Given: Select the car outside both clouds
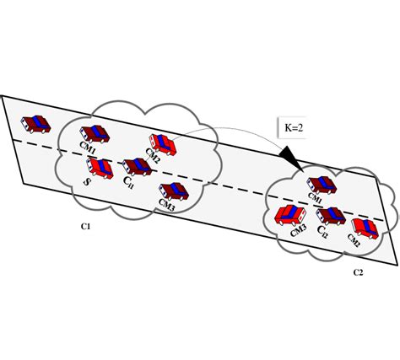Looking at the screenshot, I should pyautogui.click(x=37, y=123).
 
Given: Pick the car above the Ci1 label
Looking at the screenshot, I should pyautogui.click(x=136, y=166).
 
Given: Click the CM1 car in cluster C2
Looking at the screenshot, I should pyautogui.click(x=322, y=185).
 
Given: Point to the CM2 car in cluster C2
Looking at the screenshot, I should pyautogui.click(x=365, y=226).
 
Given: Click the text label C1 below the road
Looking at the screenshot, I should pyautogui.click(x=86, y=226).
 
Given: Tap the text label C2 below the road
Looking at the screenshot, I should pyautogui.click(x=359, y=272).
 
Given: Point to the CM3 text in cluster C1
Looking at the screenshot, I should pyautogui.click(x=166, y=205).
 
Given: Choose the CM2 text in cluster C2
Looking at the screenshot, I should pyautogui.click(x=355, y=241).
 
